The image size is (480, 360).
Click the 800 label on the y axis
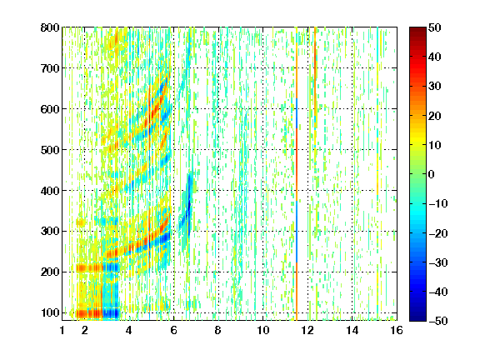click(x=50, y=27)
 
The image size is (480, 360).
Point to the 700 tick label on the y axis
click(x=50, y=68)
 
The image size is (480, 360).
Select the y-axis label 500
click(x=50, y=150)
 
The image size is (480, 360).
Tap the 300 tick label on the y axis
click(x=50, y=232)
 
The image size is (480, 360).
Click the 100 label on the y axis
click(x=50, y=312)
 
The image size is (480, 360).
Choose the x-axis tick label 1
click(x=62, y=330)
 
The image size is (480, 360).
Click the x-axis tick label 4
click(x=129, y=330)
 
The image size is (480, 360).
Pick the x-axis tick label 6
click(x=173, y=330)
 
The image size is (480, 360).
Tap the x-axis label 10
click(x=262, y=330)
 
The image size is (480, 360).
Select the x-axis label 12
click(x=307, y=330)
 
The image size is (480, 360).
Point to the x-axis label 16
click(x=397, y=330)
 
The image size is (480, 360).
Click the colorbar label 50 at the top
click(x=434, y=27)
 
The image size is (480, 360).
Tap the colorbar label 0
click(x=432, y=174)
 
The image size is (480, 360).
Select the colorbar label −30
click(x=438, y=262)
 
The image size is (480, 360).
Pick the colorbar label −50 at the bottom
click(x=438, y=321)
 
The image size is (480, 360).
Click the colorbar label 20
click(x=434, y=116)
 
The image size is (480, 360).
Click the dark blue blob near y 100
click(x=111, y=313)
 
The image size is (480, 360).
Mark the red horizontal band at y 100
click(x=89, y=314)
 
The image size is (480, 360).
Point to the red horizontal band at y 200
click(x=89, y=268)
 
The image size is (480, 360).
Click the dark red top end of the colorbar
click(x=417, y=31)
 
